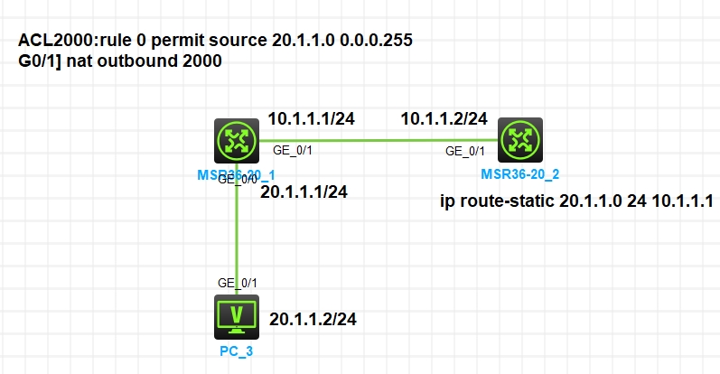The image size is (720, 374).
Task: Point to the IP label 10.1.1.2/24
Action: (444, 118)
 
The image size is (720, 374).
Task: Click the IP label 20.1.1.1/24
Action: (304, 191)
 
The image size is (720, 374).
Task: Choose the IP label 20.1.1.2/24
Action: (313, 319)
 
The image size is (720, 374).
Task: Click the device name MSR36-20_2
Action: (519, 173)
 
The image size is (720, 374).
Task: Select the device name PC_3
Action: (237, 351)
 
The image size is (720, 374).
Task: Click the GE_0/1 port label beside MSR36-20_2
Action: (465, 152)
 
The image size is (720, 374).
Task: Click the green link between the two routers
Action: (379, 140)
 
